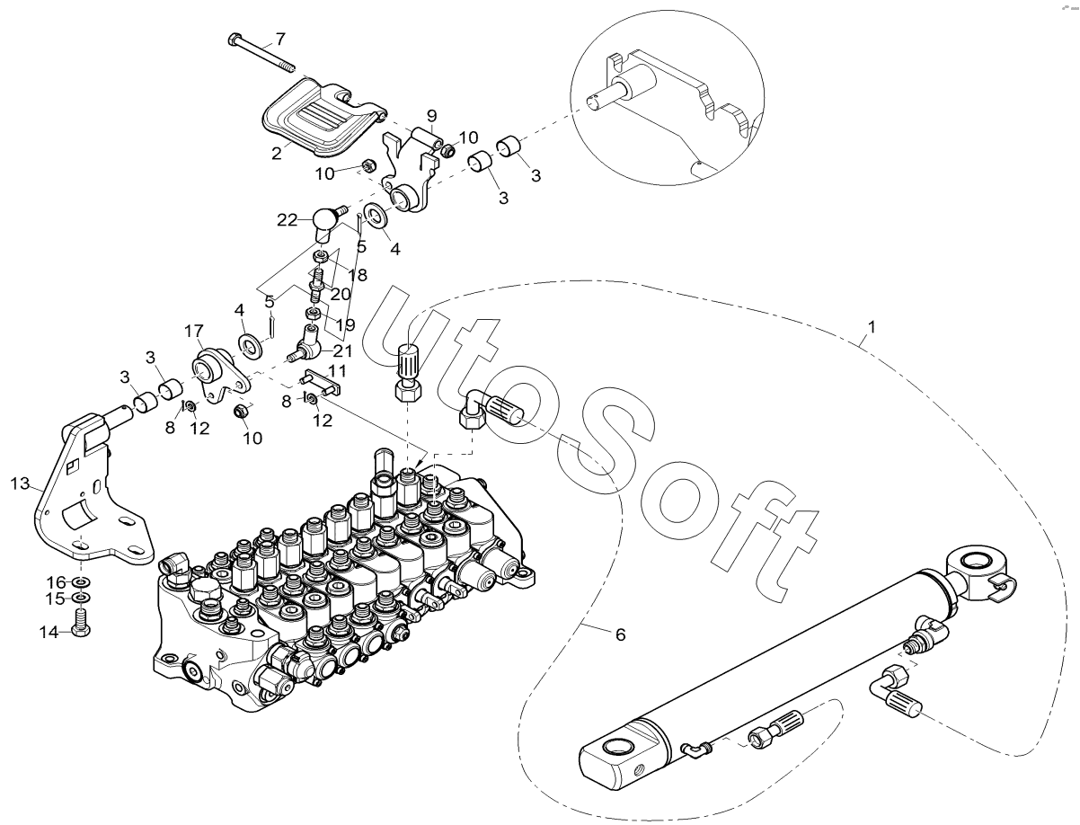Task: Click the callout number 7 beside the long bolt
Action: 279,39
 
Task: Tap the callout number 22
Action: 287,220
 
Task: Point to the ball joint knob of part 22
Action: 324,225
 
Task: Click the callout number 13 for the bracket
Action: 20,483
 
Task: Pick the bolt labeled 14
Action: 81,623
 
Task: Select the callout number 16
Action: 56,582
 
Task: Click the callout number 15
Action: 56,599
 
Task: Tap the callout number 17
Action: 194,331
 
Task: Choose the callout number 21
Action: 342,350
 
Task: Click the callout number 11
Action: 338,370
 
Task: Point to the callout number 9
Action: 431,116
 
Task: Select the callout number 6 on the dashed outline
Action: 621,635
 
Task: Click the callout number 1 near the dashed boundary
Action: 872,326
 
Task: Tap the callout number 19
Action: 345,324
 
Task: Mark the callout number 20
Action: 341,294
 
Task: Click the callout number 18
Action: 358,275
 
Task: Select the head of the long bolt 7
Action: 235,39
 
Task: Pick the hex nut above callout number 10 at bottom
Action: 242,411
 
